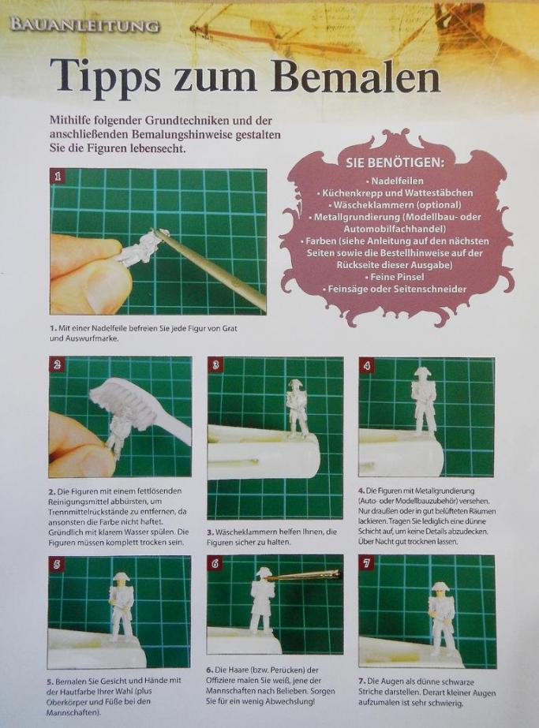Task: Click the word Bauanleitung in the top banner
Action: pos(84,25)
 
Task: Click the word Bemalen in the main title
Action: pos(360,77)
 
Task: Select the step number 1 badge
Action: pos(58,177)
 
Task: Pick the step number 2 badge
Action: pos(57,365)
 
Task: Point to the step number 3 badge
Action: pos(215,365)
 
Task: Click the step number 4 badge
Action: pos(367,366)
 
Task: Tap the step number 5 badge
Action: pos(57,565)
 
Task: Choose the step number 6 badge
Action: pos(215,564)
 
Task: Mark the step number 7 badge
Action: pos(367,564)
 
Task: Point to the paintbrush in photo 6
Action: pos(303,577)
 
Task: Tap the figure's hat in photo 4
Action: pos(421,372)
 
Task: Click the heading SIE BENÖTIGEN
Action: pos(395,163)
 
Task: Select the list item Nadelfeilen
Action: pos(395,181)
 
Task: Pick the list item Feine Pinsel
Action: pos(395,277)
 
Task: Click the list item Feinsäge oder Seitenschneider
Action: pos(395,289)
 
